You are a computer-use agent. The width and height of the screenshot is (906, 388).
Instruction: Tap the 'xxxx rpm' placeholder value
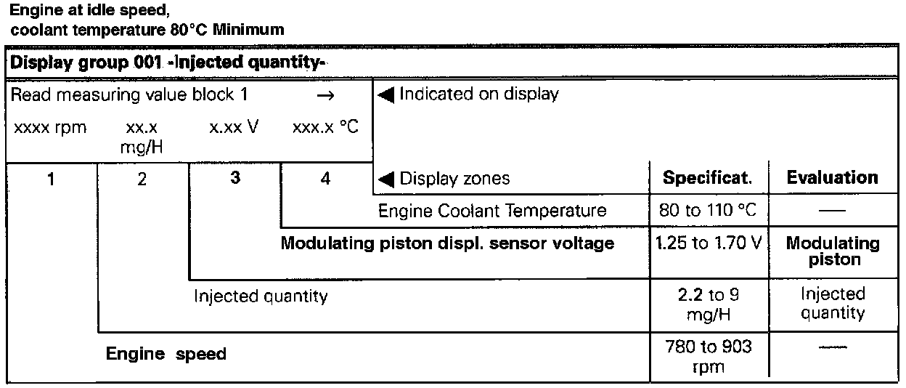[49, 129]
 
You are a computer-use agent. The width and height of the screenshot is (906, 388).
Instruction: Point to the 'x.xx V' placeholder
[234, 128]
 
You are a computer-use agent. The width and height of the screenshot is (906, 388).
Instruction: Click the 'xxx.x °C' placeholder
[325, 128]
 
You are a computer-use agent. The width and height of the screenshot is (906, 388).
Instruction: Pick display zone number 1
[52, 179]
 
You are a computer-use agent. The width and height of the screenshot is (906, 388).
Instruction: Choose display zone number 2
[142, 179]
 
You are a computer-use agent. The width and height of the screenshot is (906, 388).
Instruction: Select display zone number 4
[325, 179]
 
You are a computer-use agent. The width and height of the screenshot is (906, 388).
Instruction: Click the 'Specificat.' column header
[707, 178]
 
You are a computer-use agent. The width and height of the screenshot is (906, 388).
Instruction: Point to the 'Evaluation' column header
[832, 178]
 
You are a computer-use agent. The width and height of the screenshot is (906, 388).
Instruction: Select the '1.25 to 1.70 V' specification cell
[707, 243]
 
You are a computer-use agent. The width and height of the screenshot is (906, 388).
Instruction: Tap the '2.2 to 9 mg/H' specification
[707, 304]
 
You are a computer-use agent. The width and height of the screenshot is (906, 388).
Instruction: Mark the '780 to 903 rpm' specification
[707, 357]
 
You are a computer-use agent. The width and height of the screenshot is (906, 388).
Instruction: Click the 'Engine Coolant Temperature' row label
[491, 211]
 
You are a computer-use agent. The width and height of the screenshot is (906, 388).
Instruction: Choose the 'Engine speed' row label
[166, 355]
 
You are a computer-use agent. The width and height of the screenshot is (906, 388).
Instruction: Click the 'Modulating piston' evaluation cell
[832, 251]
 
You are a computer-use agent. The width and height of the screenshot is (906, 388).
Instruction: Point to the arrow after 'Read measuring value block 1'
[326, 95]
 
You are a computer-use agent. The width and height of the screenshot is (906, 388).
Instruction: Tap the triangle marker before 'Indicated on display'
[386, 94]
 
